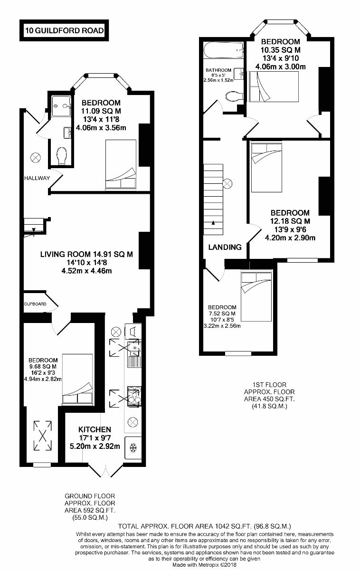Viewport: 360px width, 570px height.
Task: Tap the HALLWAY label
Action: pos(38,178)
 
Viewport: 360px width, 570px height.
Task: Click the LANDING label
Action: pos(226,247)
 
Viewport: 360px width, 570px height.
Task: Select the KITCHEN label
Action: pos(95,429)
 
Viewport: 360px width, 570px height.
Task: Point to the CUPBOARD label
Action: pos(36,304)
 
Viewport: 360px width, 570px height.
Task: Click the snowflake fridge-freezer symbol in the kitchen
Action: pos(133,447)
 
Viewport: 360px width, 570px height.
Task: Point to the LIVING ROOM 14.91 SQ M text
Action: pos(86,254)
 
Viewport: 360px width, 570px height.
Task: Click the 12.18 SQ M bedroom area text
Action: pos(290,221)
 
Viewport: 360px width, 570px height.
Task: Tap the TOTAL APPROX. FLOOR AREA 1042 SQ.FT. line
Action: pos(204,526)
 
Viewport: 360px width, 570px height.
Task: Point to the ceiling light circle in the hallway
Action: pos(36,157)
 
